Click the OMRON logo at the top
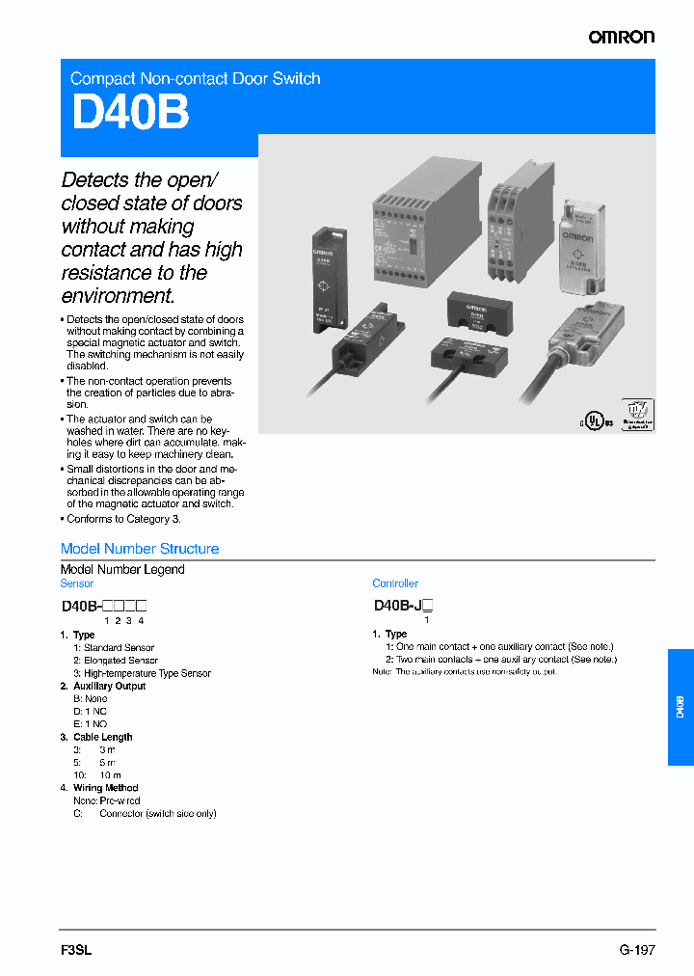pos(622,37)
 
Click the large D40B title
pos(130,113)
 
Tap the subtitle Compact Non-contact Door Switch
pos(196,78)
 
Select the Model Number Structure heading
pos(140,549)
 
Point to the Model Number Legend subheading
pos(122,569)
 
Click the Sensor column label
pos(77,583)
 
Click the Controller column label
pos(395,583)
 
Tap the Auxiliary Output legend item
pos(109,686)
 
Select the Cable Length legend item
pos(102,737)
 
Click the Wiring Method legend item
pos(105,788)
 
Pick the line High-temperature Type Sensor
pos(147,673)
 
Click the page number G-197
pos(637,949)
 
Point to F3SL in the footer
pos(76,949)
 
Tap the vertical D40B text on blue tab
pos(680,706)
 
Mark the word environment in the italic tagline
pos(118,296)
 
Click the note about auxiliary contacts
pos(465,671)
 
